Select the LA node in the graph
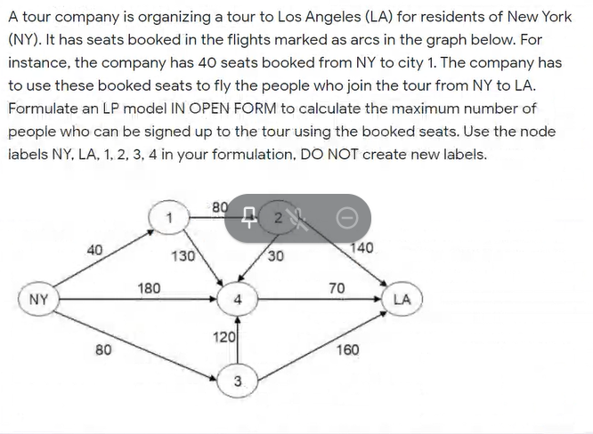(402, 300)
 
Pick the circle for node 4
(238, 300)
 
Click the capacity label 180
(150, 287)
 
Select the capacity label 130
(183, 256)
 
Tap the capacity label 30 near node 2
(276, 256)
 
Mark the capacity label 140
(362, 248)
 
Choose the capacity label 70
(337, 287)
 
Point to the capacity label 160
(347, 350)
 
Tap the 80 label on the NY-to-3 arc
(103, 350)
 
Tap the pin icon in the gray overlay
(253, 218)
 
